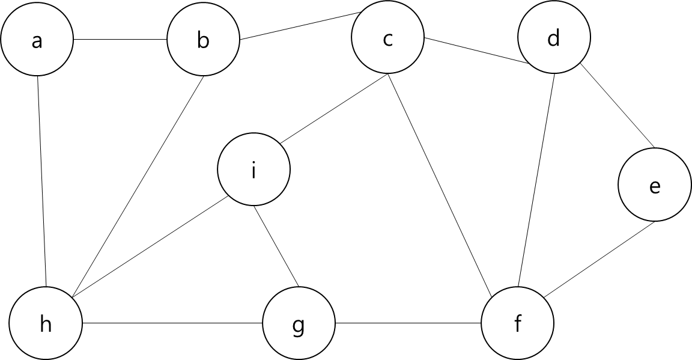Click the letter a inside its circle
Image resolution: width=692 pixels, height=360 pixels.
[x=37, y=41]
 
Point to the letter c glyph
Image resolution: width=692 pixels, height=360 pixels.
[x=387, y=40]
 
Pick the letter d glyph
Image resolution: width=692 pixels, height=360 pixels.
[x=554, y=38]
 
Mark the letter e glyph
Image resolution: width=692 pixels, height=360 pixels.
[x=655, y=187]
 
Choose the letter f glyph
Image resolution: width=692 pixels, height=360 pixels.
[x=518, y=324]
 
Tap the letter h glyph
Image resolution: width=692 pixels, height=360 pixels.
[x=46, y=324]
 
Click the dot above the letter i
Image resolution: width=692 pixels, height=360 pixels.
[x=253, y=163]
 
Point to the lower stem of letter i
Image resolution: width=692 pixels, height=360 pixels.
[x=253, y=174]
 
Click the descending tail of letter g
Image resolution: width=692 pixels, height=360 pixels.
[x=298, y=333]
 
